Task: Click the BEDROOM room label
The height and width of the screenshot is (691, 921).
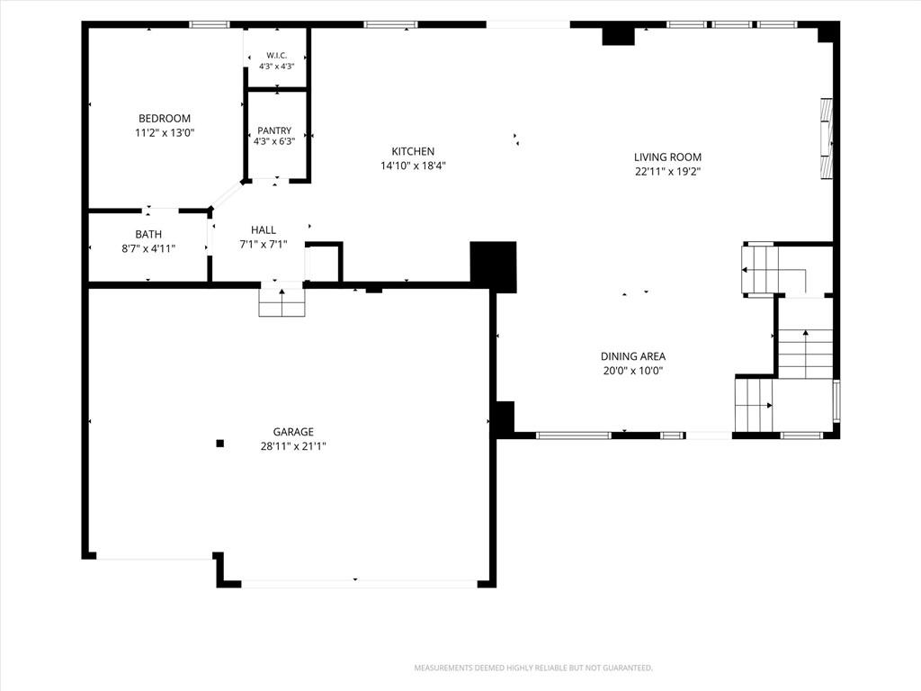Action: coord(165,119)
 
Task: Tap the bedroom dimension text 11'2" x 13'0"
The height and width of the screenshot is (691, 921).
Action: coord(165,133)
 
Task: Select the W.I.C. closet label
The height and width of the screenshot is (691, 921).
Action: coord(277,55)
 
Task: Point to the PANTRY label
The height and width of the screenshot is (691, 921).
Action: coord(274,130)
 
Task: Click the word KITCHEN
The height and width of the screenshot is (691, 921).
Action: coord(413,151)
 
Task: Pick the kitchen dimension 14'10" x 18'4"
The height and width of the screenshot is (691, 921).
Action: coord(413,166)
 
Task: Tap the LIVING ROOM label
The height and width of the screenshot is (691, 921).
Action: coord(668,157)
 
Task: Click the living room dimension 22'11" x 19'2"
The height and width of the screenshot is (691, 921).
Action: coord(668,172)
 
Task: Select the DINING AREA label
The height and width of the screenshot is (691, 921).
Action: coord(633,356)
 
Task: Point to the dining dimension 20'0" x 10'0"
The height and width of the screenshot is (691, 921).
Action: coord(633,371)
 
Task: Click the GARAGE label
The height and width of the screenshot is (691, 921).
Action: coord(293,432)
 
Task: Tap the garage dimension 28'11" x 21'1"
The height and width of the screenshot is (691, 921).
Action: coord(293,446)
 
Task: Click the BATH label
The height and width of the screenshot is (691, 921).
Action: coord(148,235)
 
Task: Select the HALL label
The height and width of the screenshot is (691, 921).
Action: coord(264,229)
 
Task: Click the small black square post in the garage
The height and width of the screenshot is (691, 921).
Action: coord(219,444)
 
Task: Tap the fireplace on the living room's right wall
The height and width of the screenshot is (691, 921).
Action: coord(827,138)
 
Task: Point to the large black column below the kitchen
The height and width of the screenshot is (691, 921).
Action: coord(494,266)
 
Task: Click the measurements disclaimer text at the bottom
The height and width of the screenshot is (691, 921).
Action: coord(533,669)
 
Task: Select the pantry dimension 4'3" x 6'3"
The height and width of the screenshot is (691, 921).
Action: coord(274,141)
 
